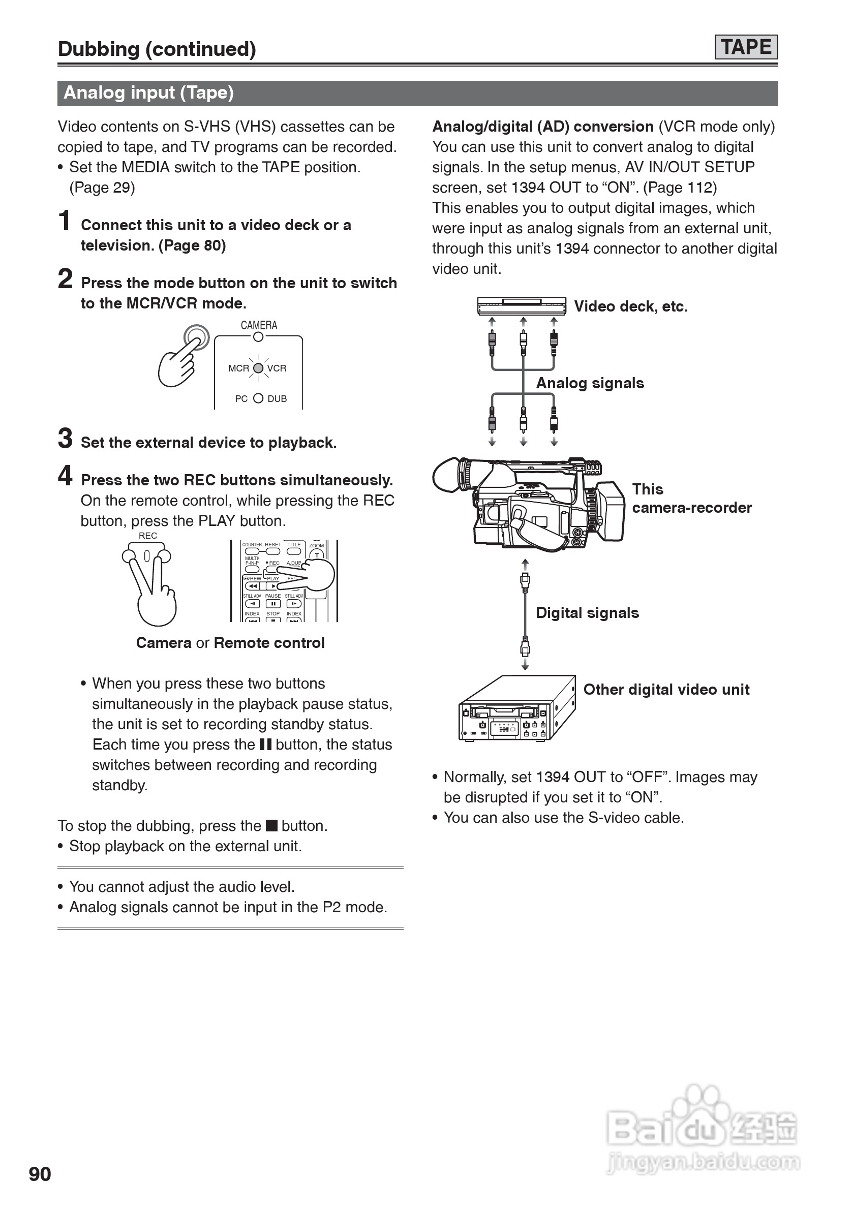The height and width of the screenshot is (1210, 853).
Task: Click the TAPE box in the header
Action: pyautogui.click(x=745, y=47)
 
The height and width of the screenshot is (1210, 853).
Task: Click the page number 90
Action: pyautogui.click(x=40, y=1173)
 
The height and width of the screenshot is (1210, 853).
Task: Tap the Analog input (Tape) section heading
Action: pyautogui.click(x=148, y=93)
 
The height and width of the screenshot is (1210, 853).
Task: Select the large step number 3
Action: pyautogui.click(x=65, y=439)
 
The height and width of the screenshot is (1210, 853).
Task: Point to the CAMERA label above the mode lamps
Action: pyautogui.click(x=259, y=325)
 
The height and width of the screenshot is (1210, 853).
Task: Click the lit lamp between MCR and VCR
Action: pyautogui.click(x=258, y=368)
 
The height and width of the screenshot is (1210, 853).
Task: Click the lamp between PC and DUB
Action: pyautogui.click(x=258, y=398)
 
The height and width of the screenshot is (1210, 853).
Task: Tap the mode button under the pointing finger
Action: pyautogui.click(x=196, y=337)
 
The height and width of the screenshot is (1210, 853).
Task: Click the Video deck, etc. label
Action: pyautogui.click(x=630, y=306)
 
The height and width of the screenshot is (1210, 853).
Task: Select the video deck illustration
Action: pyautogui.click(x=522, y=305)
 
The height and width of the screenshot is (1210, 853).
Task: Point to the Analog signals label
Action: pyautogui.click(x=590, y=383)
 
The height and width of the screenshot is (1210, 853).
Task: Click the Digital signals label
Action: pyautogui.click(x=587, y=612)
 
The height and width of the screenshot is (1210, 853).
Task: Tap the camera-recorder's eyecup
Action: pyautogui.click(x=448, y=474)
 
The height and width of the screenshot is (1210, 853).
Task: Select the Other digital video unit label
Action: pyautogui.click(x=666, y=689)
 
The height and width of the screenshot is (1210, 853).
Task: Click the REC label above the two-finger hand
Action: pyautogui.click(x=147, y=536)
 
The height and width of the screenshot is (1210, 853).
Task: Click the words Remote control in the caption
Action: pyautogui.click(x=269, y=642)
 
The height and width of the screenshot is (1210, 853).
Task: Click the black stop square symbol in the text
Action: pyautogui.click(x=271, y=825)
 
